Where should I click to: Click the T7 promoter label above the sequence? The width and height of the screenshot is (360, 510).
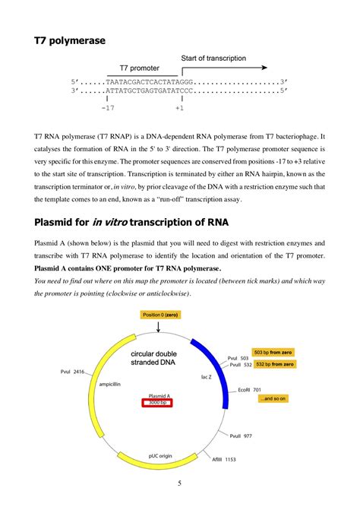tap(138, 68)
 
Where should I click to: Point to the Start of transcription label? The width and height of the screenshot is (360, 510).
tap(213, 59)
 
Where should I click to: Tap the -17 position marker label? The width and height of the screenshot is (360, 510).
tap(107, 108)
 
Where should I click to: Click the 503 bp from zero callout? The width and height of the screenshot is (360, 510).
tap(273, 353)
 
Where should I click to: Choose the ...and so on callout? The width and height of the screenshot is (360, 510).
tap(273, 398)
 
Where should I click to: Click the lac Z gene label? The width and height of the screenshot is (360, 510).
tap(206, 376)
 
